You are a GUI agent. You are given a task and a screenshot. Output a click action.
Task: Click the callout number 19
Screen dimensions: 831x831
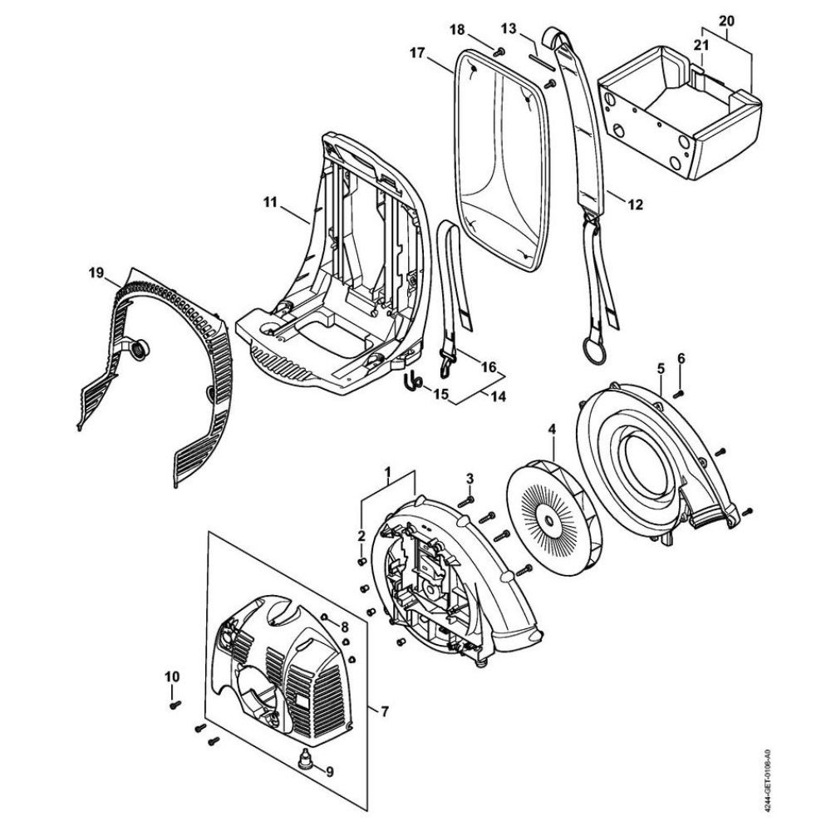[x=96, y=274]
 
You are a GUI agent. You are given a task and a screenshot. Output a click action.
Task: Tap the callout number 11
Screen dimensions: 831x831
[x=270, y=202]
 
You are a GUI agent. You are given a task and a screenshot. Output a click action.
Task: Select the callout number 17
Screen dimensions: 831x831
[x=418, y=52]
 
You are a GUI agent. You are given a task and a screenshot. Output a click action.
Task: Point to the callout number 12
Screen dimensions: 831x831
[x=635, y=204]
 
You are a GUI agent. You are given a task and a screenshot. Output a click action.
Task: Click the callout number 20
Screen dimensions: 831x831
[x=726, y=21]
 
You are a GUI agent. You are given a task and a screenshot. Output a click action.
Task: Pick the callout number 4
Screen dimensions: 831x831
[x=552, y=430]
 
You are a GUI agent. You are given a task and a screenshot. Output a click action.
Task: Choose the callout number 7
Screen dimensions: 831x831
[x=384, y=711]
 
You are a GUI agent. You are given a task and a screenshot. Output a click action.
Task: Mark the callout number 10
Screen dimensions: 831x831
[x=172, y=676]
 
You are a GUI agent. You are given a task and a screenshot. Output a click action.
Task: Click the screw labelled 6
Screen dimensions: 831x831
[x=678, y=394]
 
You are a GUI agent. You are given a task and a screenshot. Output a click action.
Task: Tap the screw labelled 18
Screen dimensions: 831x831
[x=498, y=52]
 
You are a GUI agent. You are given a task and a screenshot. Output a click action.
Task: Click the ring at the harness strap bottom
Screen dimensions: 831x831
[x=594, y=351]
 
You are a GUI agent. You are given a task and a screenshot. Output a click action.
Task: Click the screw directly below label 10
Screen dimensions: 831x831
[x=175, y=705]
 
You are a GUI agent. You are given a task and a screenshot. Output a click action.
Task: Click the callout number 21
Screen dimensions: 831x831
[x=701, y=46]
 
